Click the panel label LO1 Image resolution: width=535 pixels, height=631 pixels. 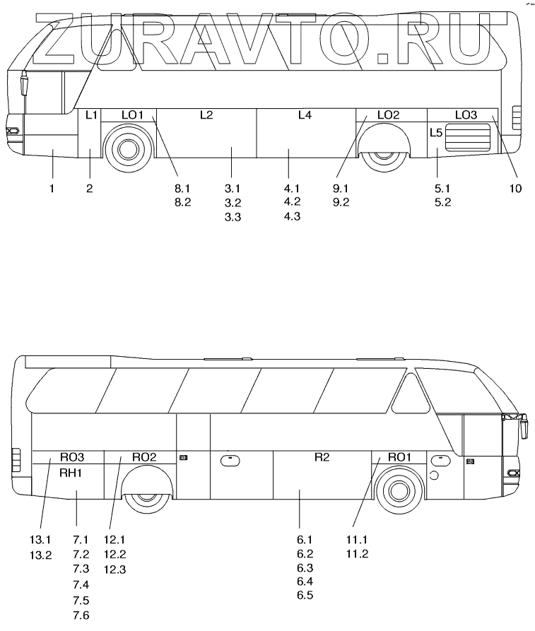tap(132, 115)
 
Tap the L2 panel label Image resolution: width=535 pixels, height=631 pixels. tap(206, 115)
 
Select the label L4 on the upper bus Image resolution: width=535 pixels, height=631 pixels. tap(305, 115)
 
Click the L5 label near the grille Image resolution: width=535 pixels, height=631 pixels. tap(436, 132)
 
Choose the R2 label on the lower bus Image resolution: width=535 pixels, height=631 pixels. tap(322, 457)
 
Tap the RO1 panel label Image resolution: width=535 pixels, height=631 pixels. tap(399, 457)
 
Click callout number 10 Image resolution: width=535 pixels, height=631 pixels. tap(515, 188)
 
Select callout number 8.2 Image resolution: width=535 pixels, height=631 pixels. tap(182, 202)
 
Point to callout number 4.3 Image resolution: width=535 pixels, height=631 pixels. tap(292, 217)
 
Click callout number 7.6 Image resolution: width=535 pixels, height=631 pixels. tap(81, 615)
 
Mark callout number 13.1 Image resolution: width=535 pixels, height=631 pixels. tap(42, 541)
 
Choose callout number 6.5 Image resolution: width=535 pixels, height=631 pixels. tap(305, 595)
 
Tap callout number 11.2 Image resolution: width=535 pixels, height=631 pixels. tap(358, 554)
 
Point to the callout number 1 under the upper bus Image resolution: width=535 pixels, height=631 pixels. tap(52, 188)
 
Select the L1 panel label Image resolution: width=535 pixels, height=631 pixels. tap(90, 115)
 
